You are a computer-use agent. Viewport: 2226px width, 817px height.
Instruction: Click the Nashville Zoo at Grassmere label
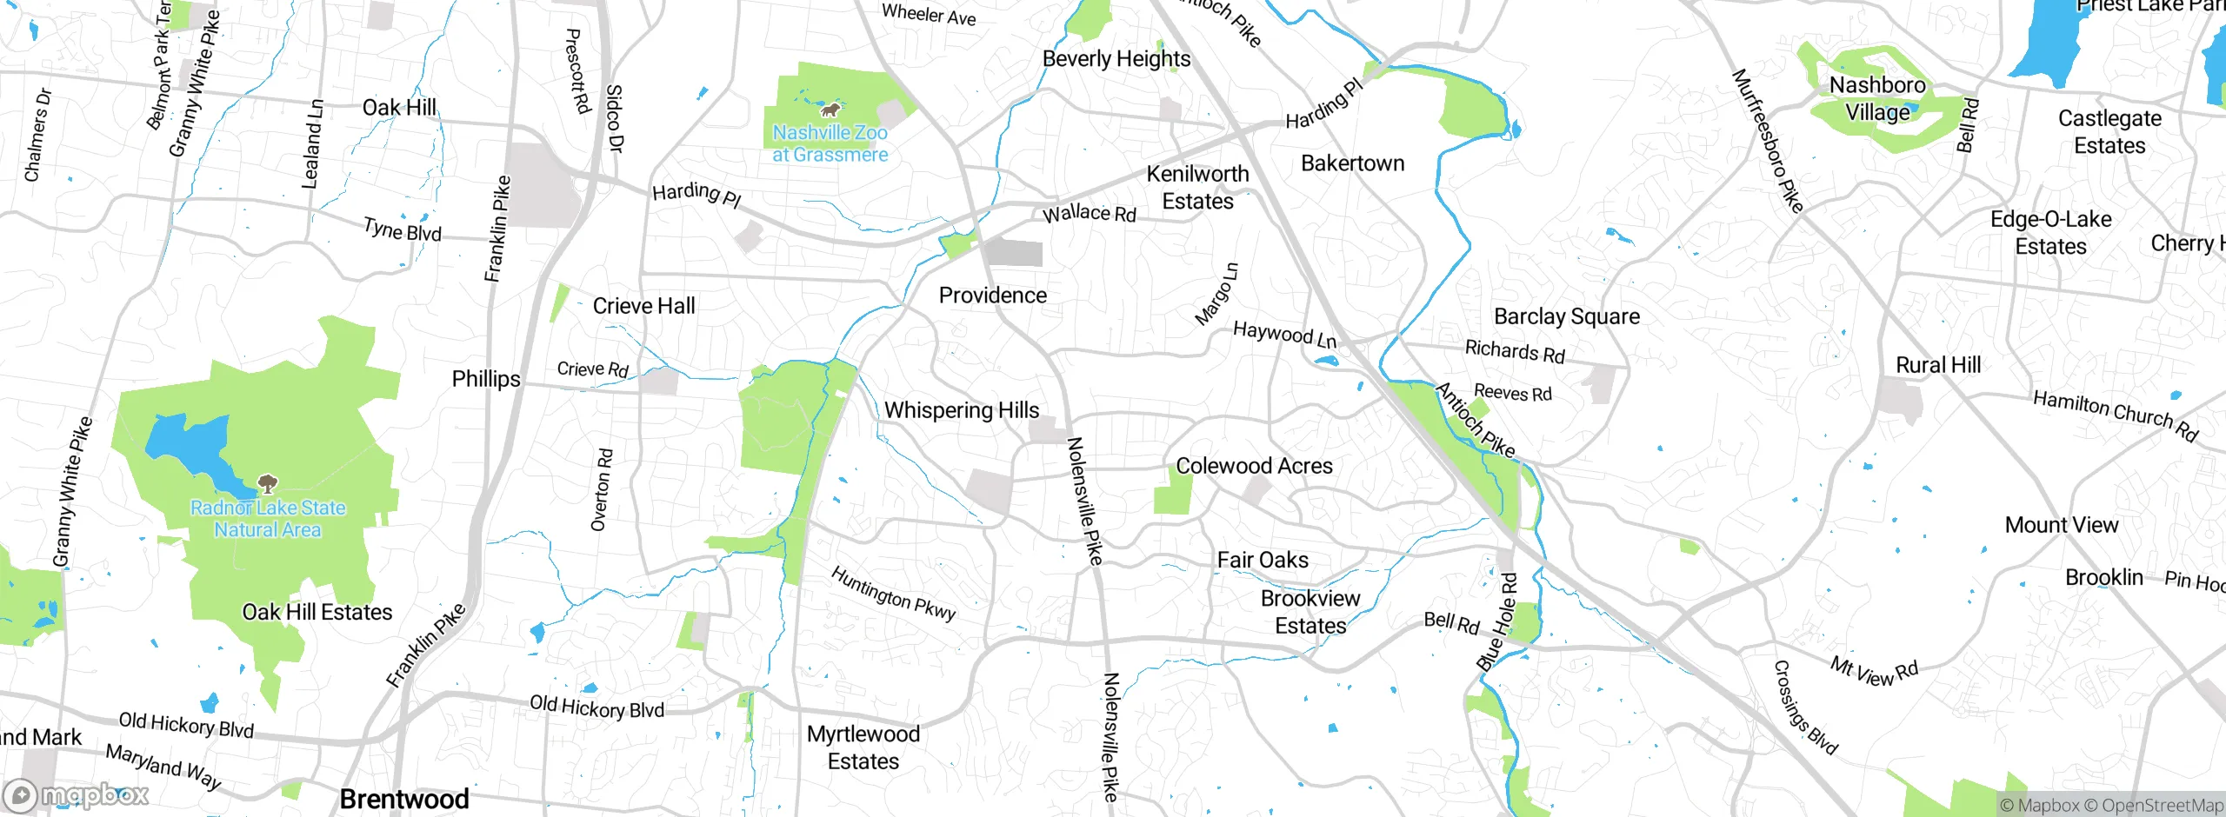(830, 143)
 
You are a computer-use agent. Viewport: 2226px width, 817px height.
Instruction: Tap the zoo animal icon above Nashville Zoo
(831, 110)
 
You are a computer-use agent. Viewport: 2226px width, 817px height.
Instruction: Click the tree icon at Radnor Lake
(268, 483)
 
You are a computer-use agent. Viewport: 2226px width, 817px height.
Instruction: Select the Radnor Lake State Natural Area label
(268, 519)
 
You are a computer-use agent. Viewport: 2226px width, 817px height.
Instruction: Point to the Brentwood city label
(404, 799)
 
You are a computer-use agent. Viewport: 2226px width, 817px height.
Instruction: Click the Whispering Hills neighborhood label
(962, 410)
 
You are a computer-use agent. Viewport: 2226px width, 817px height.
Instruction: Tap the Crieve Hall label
(643, 306)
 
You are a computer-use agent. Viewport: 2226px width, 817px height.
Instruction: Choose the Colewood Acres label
(1254, 466)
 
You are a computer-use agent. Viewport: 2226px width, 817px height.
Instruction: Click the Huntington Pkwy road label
(893, 594)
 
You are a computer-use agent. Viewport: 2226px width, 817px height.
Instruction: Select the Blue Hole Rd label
(1496, 621)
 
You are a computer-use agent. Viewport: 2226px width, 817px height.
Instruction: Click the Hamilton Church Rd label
(2115, 415)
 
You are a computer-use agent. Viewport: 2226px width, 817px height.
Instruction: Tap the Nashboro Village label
(1877, 98)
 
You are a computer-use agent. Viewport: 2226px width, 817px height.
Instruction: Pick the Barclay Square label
(1567, 316)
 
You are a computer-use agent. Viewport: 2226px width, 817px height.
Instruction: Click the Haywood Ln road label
(1284, 334)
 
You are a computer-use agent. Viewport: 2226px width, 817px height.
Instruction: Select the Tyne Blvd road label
(403, 230)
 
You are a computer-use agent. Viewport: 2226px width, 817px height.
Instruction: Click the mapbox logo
(77, 794)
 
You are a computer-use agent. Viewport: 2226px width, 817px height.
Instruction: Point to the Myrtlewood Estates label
(863, 747)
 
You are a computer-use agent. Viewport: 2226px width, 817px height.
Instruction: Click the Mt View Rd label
(1874, 671)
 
